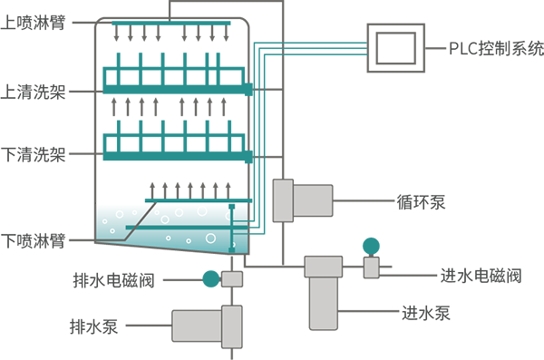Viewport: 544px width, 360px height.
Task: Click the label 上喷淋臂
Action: pyautogui.click(x=33, y=23)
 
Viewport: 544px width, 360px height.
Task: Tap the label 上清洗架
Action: pyautogui.click(x=33, y=92)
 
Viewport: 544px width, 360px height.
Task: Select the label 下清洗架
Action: pyautogui.click(x=33, y=154)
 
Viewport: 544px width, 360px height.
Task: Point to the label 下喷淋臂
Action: pyautogui.click(x=33, y=241)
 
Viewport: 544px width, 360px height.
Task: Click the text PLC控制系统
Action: pyautogui.click(x=497, y=49)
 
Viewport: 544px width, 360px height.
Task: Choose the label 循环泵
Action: pyautogui.click(x=421, y=202)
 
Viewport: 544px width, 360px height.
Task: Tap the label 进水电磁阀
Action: pyautogui.click(x=481, y=276)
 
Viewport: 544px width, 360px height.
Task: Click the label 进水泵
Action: pyautogui.click(x=426, y=313)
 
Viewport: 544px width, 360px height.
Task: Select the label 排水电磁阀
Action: pyautogui.click(x=113, y=280)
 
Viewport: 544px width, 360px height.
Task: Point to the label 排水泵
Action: pyautogui.click(x=94, y=326)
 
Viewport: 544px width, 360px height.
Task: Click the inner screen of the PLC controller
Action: pyautogui.click(x=396, y=48)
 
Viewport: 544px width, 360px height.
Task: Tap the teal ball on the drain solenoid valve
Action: pyautogui.click(x=211, y=278)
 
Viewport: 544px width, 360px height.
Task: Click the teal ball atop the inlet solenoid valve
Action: pyautogui.click(x=371, y=246)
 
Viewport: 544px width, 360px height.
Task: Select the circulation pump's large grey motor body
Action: pyautogui.click(x=313, y=200)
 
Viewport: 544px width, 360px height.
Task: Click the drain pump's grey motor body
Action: pyautogui.click(x=197, y=326)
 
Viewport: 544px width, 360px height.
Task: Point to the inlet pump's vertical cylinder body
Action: pyautogui.click(x=324, y=303)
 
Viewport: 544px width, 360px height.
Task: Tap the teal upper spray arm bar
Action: pyautogui.click(x=171, y=24)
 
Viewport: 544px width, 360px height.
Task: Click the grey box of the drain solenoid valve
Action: pyautogui.click(x=232, y=278)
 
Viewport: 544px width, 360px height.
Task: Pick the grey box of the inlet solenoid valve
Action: pyautogui.click(x=371, y=268)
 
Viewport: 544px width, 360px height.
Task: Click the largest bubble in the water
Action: pyautogui.click(x=210, y=238)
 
